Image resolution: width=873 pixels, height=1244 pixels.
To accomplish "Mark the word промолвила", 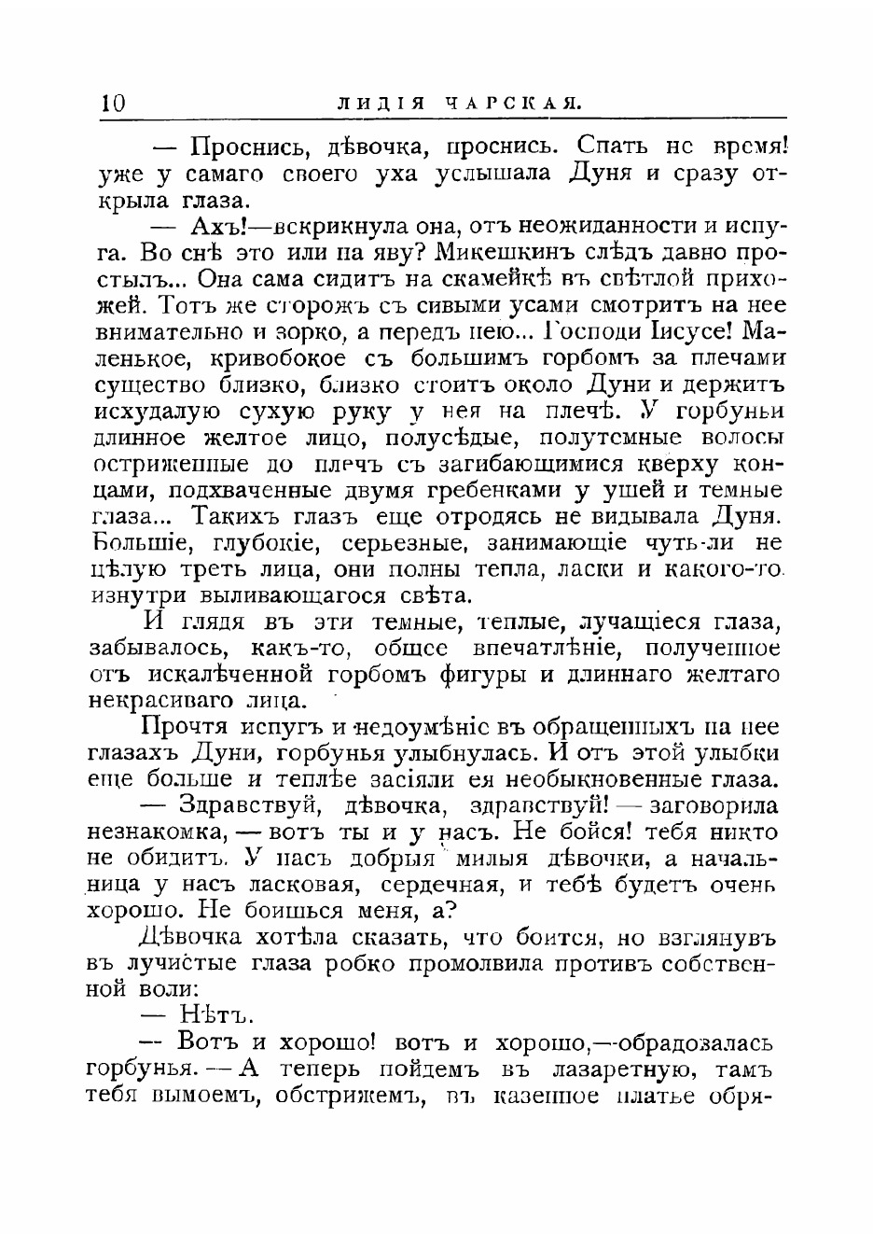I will click(454, 963).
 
